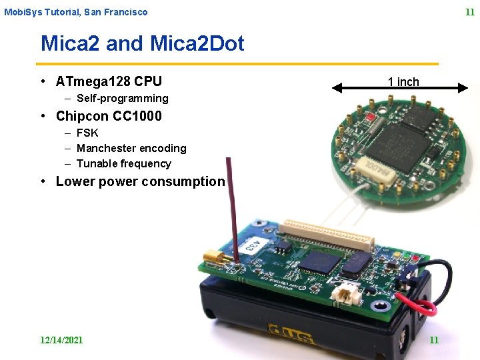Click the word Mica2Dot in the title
tap(197, 44)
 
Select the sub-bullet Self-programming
tap(122, 99)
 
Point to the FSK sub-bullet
tap(87, 133)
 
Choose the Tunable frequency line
tap(123, 164)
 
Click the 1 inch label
tap(403, 82)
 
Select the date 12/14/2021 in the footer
tap(61, 340)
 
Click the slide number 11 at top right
tap(469, 12)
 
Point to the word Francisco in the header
tap(126, 12)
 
